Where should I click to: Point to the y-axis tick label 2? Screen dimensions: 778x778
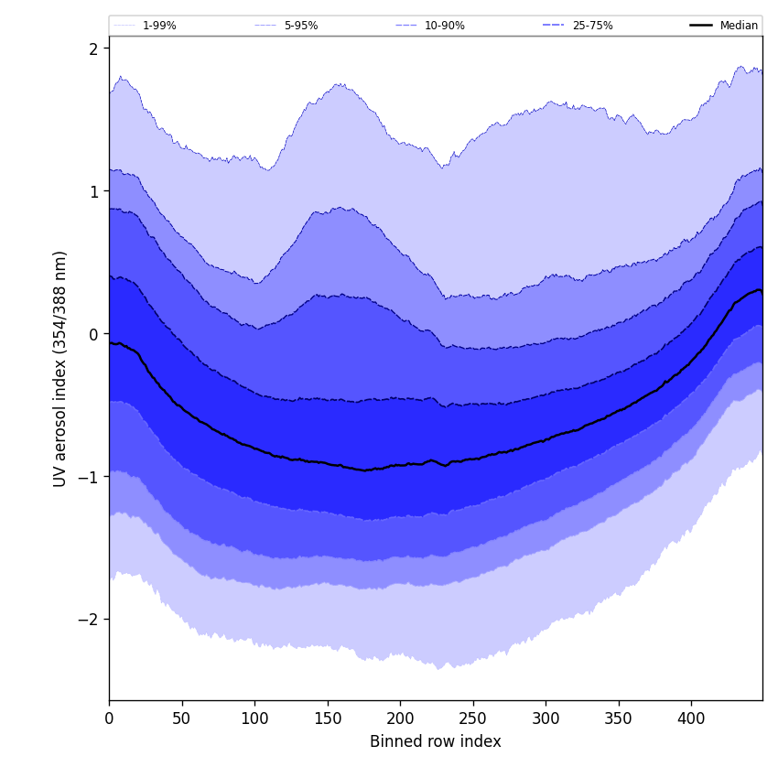(x=93, y=49)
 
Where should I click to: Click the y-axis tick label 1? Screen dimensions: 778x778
(x=93, y=191)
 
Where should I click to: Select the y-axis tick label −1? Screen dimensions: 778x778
(x=89, y=477)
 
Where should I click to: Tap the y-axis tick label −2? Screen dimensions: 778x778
(x=89, y=620)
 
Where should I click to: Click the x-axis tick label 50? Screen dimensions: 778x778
(x=181, y=719)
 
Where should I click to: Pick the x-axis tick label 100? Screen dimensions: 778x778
(x=254, y=719)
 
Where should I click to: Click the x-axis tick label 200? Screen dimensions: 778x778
(x=400, y=719)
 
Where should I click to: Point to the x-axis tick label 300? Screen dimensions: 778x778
(x=546, y=719)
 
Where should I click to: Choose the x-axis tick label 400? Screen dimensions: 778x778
(x=691, y=719)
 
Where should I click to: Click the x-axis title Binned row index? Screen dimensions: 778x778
(x=436, y=741)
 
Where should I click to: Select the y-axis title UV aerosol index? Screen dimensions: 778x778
(x=60, y=369)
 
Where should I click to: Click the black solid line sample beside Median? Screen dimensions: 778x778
(x=701, y=26)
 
